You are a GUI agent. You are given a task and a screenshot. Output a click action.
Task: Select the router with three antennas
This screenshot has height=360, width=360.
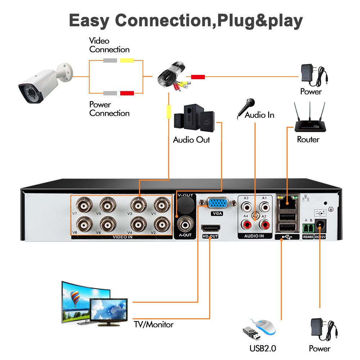308,122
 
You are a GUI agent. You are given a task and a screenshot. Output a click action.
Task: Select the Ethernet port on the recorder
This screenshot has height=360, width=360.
287,201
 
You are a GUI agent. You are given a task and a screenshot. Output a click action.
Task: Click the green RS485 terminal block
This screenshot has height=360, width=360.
308,227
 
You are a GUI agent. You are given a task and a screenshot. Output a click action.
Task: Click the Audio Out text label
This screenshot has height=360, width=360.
191,140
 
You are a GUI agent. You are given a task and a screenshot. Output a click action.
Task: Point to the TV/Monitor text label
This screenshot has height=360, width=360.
154,325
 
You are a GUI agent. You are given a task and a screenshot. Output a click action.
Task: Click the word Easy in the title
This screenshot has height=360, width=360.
89,21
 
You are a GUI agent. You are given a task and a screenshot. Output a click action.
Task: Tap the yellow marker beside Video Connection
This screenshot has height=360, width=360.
127,60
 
